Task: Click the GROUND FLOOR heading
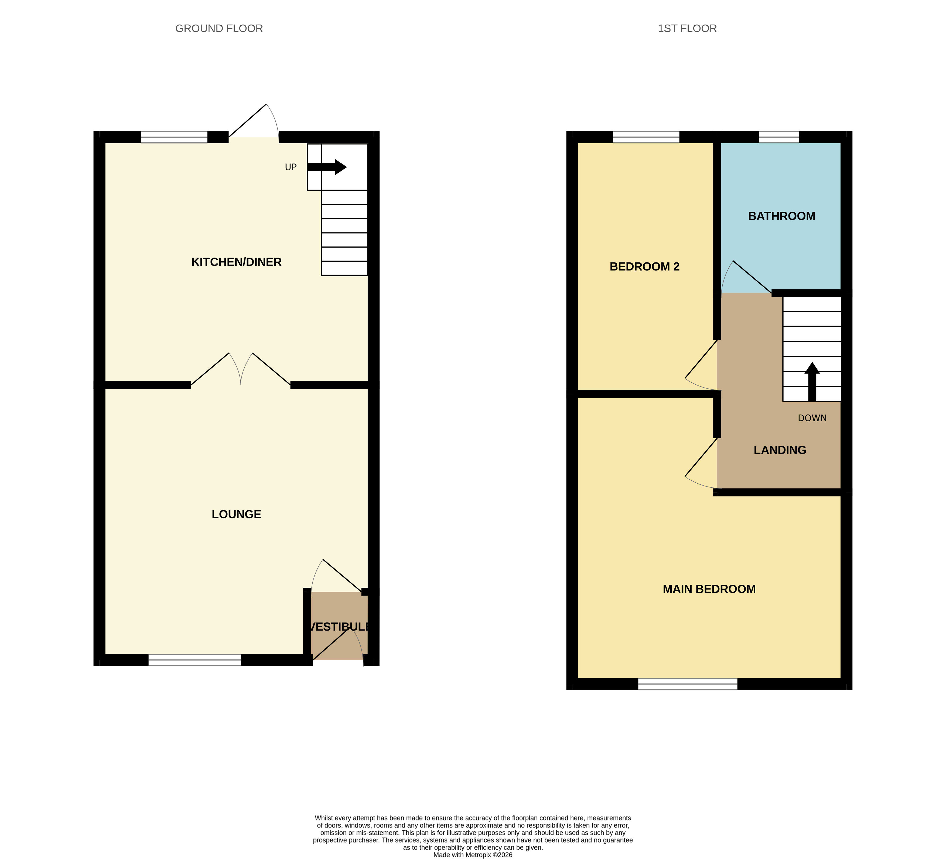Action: (x=219, y=29)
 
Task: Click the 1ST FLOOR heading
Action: (x=687, y=29)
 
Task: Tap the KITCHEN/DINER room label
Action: (x=237, y=262)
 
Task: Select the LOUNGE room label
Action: (x=237, y=514)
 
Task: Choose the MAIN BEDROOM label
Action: (x=709, y=589)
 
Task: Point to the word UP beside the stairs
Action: (x=291, y=167)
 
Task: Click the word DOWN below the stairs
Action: (x=812, y=418)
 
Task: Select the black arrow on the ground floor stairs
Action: (x=327, y=167)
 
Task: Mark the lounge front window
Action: (x=195, y=660)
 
